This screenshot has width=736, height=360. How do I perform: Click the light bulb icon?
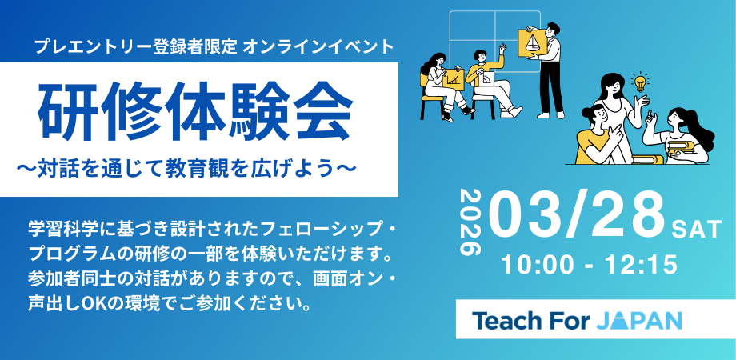639,82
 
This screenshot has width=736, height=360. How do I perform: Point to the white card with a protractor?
487,78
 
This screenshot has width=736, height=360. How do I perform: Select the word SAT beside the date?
697,230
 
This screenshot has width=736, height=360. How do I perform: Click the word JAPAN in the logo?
639,321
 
